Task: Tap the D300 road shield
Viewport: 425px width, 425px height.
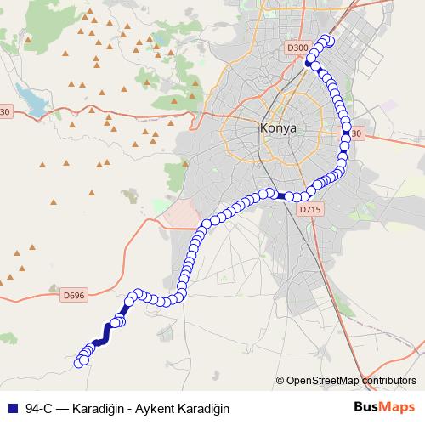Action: (x=297, y=48)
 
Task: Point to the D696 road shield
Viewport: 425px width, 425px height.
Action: (x=74, y=295)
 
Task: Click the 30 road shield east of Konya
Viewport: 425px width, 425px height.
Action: (x=356, y=133)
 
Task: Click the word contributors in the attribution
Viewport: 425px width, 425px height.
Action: (x=389, y=380)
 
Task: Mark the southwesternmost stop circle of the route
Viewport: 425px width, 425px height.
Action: (x=81, y=362)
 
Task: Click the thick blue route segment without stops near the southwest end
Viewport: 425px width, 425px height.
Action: (x=105, y=333)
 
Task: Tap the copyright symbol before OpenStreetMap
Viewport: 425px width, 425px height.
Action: (x=280, y=380)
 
